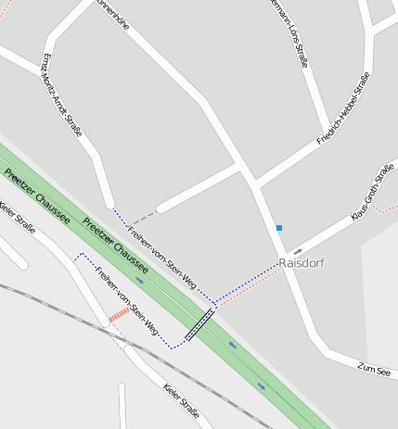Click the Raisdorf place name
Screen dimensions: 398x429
302,263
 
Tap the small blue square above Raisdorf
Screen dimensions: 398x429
278,227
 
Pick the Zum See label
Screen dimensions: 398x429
376,369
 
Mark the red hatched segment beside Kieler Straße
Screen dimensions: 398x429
119,316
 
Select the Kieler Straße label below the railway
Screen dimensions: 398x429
180,399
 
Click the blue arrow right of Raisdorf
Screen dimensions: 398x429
298,250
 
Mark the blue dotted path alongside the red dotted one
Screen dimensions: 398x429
246,281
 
